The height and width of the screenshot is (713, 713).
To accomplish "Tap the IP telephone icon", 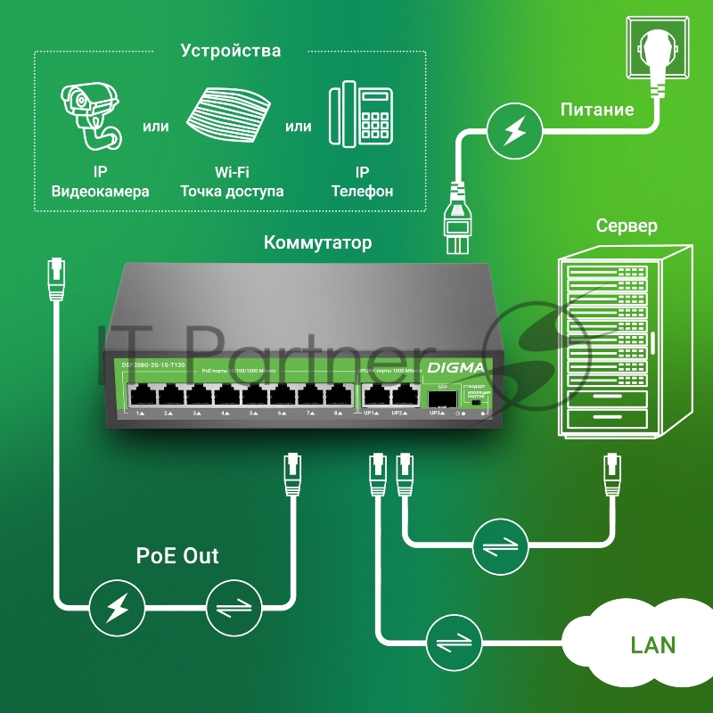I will (361, 117).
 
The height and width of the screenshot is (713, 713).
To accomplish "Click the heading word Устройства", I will (231, 51).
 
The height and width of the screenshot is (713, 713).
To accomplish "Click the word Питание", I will (596, 110).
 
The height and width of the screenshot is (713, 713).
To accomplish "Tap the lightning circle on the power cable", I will (513, 133).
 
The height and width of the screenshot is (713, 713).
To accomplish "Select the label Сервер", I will (627, 225).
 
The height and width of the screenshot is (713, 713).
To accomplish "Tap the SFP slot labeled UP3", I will (438, 397).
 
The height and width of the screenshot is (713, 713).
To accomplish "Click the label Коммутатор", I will (318, 242).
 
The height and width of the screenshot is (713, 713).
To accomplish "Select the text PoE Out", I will (177, 556).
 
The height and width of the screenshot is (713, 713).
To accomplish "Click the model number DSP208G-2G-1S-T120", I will (152, 365).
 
